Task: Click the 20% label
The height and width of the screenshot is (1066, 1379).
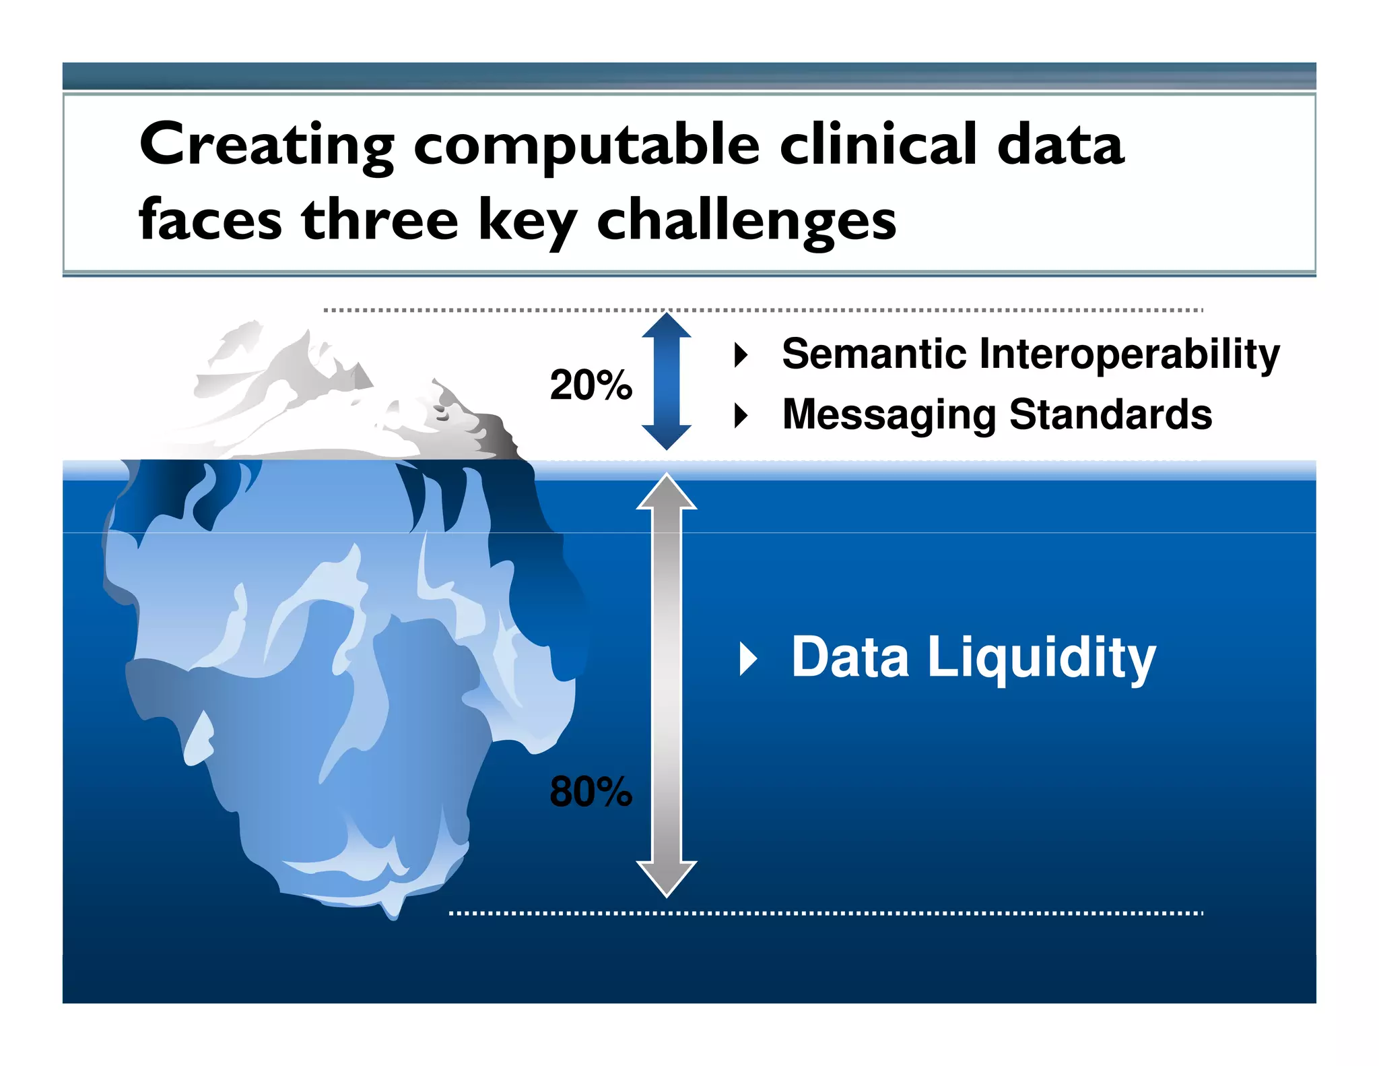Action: point(591,385)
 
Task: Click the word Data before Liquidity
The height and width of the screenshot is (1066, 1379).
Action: point(850,658)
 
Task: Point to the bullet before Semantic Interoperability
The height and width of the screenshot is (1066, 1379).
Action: point(741,354)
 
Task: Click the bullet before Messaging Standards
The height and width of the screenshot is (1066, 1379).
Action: point(741,415)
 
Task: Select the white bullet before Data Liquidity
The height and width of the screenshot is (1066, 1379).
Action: point(748,658)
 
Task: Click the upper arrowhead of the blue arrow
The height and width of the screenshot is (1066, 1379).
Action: point(666,325)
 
